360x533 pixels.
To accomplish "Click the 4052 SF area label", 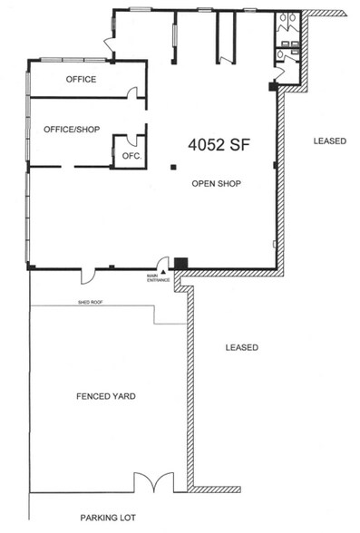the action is pyautogui.click(x=219, y=144).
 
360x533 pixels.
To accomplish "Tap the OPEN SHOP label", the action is pyautogui.click(x=217, y=183).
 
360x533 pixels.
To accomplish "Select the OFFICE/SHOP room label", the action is pyautogui.click(x=72, y=129).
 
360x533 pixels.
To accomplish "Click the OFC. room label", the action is pyautogui.click(x=131, y=156).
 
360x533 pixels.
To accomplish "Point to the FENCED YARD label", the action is pyautogui.click(x=106, y=396).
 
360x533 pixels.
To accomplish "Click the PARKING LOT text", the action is pyautogui.click(x=108, y=518).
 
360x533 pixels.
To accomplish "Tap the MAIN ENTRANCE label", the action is pyautogui.click(x=158, y=278).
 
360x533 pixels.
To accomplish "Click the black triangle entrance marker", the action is pyautogui.click(x=164, y=272).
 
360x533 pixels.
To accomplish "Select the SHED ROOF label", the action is pyautogui.click(x=91, y=302).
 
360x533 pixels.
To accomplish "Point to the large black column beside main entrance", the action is pyautogui.click(x=180, y=264).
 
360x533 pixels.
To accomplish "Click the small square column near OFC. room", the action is pyautogui.click(x=174, y=167).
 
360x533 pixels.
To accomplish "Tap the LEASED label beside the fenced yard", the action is pyautogui.click(x=242, y=347).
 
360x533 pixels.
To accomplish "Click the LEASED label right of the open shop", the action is pyautogui.click(x=330, y=141).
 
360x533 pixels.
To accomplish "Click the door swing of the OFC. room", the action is pyautogui.click(x=131, y=140).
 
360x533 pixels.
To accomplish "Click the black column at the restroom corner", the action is pyautogui.click(x=273, y=86).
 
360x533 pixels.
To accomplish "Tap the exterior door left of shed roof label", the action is pyautogui.click(x=88, y=276).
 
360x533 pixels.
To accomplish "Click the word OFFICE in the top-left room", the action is pyautogui.click(x=81, y=79).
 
